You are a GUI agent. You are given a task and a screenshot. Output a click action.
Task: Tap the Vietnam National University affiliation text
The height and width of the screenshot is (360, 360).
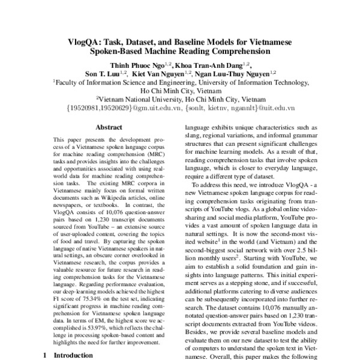click(180, 100)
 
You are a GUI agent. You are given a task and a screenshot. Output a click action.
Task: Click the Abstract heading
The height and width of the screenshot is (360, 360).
click(109, 127)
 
